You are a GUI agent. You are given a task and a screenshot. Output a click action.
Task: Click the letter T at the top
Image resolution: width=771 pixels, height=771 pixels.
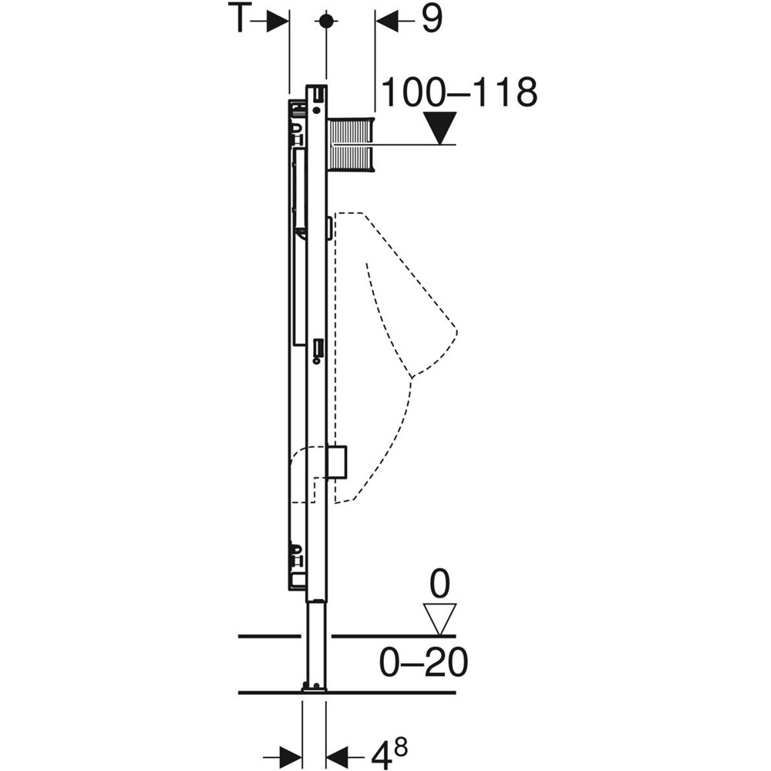coord(241,21)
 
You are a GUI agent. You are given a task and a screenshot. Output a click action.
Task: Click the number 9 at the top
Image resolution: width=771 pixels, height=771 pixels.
coord(432,21)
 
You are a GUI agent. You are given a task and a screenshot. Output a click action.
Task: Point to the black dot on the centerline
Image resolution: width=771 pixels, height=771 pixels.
coord(327,22)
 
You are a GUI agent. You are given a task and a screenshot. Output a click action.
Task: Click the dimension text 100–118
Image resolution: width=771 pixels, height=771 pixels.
coord(459,93)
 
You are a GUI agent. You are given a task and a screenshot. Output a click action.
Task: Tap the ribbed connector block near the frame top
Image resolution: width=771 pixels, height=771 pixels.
coord(352,144)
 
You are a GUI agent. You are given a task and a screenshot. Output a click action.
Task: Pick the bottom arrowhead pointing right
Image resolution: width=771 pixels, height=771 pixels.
coord(289,752)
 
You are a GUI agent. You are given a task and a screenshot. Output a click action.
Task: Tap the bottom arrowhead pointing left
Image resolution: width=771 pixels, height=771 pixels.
coord(340,752)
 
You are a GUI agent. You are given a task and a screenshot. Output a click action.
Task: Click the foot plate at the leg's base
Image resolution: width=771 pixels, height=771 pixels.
coord(315,688)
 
